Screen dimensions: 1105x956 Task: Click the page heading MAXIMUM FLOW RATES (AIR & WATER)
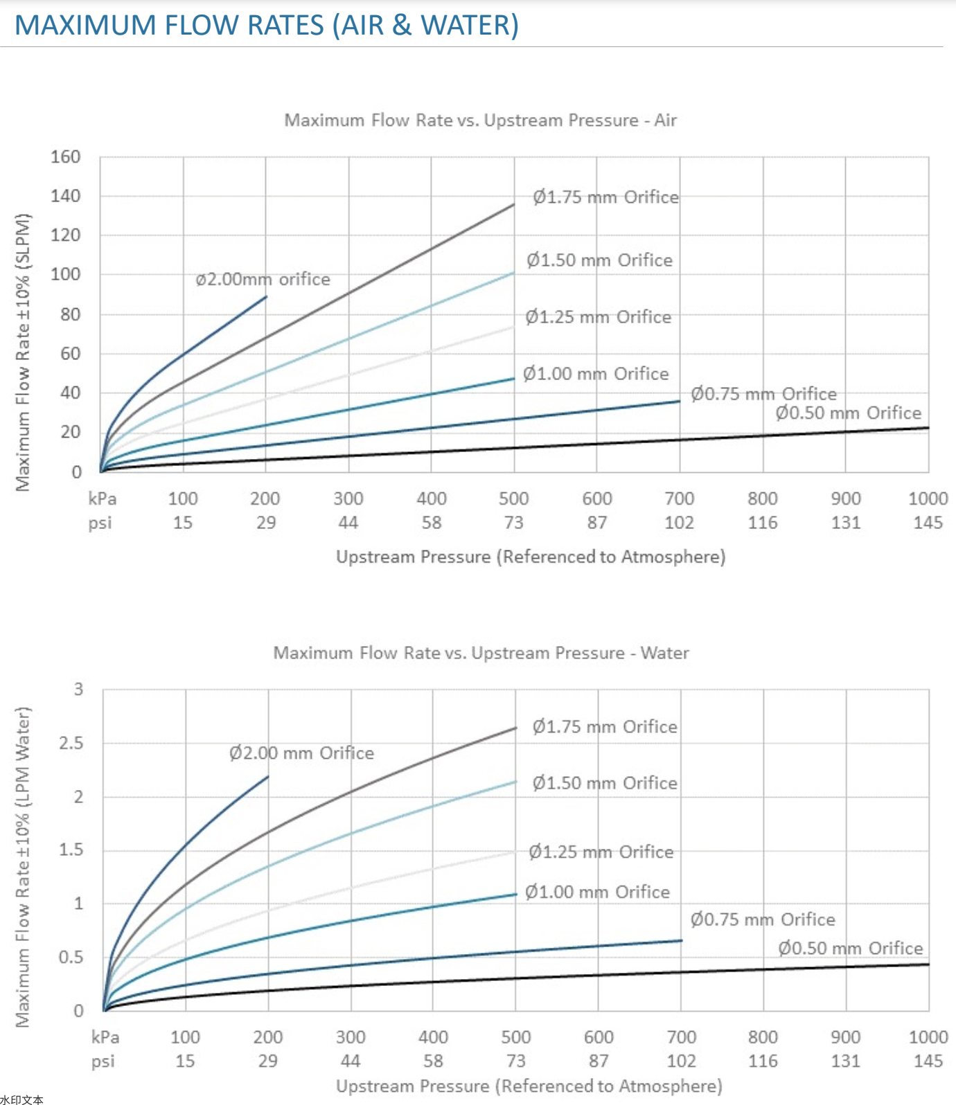pos(267,25)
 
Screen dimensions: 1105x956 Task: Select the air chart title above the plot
pos(480,120)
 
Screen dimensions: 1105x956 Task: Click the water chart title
pos(481,653)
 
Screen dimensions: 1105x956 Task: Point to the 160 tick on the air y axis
pos(66,157)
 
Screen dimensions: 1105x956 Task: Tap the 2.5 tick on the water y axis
pos(71,743)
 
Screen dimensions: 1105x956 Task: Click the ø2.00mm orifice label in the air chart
pos(263,279)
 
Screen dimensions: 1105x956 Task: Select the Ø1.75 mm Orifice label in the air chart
pos(605,197)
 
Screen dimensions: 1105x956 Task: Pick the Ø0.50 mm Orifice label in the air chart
pos(848,413)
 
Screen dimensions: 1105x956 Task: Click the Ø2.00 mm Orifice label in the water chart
pos(301,753)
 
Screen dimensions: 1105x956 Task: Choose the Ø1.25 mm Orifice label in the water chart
pos(601,852)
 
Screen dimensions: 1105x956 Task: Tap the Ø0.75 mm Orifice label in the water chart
pos(762,919)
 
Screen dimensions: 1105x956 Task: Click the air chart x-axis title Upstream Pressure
pos(531,557)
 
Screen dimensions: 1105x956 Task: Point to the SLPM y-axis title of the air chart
pos(23,353)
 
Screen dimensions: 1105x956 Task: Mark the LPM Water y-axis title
pos(23,867)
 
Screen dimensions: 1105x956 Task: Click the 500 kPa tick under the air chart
pos(513,498)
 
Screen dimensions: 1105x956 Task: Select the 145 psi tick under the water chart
pos(928,1061)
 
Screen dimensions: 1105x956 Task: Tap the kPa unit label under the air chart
pos(103,498)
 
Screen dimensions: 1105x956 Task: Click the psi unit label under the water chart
pos(103,1061)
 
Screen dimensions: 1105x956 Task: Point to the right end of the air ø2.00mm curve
pos(266,297)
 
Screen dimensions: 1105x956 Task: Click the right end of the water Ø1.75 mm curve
pos(516,728)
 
